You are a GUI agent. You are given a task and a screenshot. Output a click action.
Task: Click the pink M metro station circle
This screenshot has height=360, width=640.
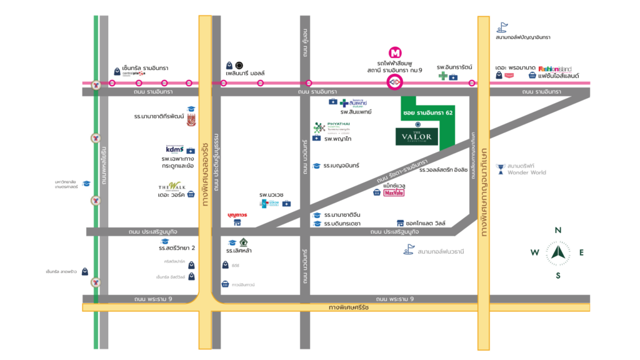point(394,53)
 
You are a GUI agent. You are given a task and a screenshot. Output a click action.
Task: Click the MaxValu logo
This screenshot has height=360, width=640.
point(395,193)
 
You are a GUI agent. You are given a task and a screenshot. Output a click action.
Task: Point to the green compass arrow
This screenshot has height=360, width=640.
point(557,252)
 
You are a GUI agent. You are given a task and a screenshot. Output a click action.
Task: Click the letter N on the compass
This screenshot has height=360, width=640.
point(557,230)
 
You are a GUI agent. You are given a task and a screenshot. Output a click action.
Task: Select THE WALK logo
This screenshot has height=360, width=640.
point(171,186)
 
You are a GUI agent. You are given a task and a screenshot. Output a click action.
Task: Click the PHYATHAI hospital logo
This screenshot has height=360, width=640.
point(329,127)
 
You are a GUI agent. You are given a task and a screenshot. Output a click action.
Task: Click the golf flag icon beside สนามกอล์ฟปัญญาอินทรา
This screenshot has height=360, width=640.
point(501,27)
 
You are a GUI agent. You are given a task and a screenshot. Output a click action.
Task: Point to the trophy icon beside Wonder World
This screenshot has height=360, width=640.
point(500,167)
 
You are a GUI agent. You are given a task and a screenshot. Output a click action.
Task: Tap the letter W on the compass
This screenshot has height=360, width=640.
point(534,253)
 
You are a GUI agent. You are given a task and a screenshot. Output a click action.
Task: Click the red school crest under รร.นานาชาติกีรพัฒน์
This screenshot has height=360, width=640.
point(191,119)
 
